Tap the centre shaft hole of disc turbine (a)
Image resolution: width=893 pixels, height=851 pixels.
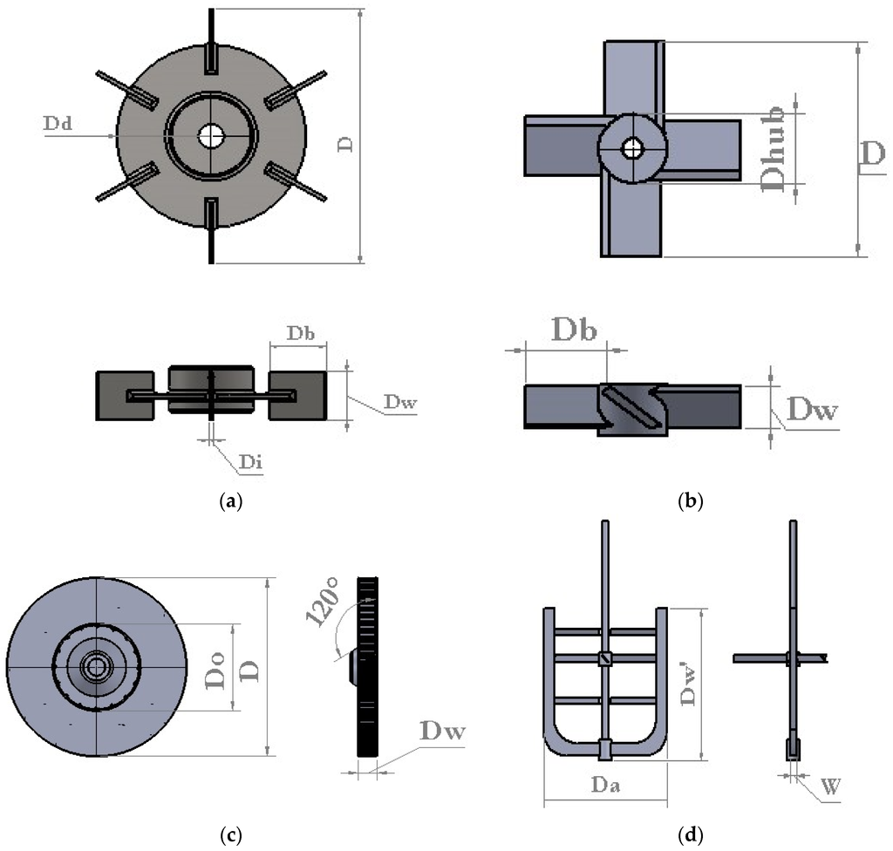pyautogui.click(x=210, y=135)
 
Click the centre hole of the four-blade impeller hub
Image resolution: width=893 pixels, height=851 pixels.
pyautogui.click(x=631, y=148)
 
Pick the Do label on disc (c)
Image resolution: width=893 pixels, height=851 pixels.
pyautogui.click(x=218, y=666)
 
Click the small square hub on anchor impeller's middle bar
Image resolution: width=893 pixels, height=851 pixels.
pyautogui.click(x=604, y=658)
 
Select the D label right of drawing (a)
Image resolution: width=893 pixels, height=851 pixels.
pyautogui.click(x=345, y=145)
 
